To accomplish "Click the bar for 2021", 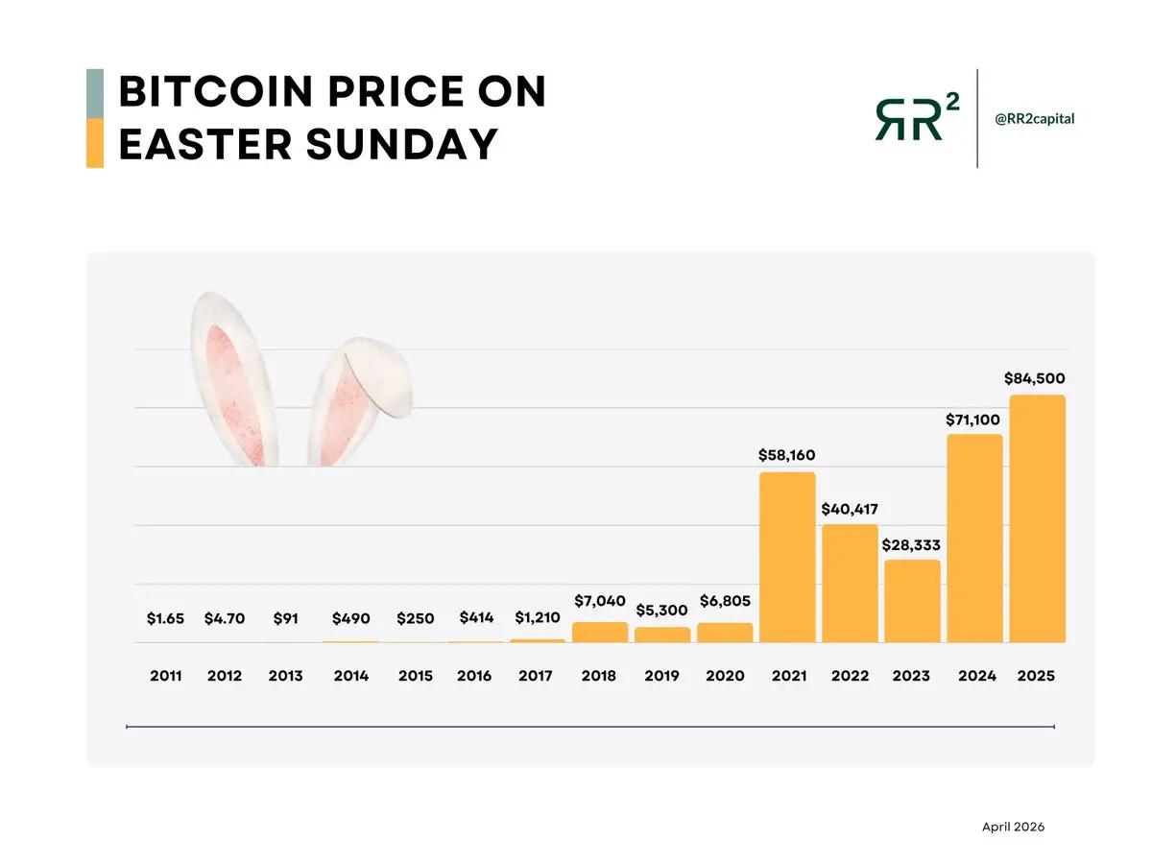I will click(787, 557).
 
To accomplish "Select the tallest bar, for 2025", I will click(1037, 518).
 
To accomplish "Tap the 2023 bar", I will click(912, 601).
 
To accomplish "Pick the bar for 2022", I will click(850, 583).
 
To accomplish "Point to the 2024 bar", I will click(974, 538).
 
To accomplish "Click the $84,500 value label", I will click(1035, 378).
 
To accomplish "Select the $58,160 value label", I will click(787, 455).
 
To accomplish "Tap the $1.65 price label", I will click(165, 619).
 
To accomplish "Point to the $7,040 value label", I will click(599, 601).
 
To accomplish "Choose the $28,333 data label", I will click(911, 544).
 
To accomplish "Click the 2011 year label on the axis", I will click(166, 676).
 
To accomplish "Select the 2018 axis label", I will click(599, 676).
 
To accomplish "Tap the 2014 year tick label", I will click(351, 676).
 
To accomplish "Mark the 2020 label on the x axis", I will click(725, 676).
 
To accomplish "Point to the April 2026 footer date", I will click(1013, 827).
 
